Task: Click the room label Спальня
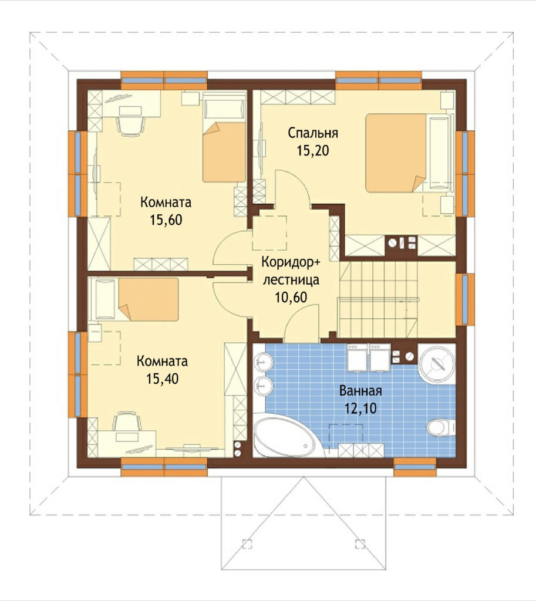point(313,133)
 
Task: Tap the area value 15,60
point(166,220)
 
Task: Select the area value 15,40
point(162,379)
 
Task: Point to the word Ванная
point(360,391)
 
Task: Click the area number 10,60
point(291,297)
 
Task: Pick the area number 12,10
point(360,408)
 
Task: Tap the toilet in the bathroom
point(441,427)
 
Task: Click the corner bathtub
point(288,435)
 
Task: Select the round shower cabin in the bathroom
point(437,363)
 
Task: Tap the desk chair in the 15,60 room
point(131,126)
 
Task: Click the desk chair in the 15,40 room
point(127,421)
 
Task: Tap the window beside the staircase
point(465,299)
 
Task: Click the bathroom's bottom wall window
point(415,467)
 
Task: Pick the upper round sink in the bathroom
point(263,362)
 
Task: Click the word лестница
point(291,280)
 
